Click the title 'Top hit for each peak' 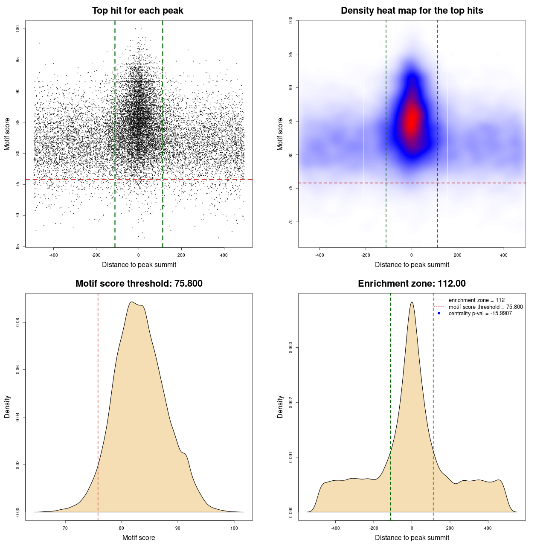137,11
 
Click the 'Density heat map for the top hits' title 412,11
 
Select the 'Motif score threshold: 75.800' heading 139,284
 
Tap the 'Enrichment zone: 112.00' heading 412,284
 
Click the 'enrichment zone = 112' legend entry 476,300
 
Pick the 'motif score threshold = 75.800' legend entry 485,307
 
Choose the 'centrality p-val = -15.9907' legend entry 480,314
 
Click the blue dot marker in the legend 439,314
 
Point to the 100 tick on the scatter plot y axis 18,29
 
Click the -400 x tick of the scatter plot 53,255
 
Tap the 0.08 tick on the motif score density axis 18,322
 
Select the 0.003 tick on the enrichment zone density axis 291,348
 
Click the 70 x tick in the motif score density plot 65,528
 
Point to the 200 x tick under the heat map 457,255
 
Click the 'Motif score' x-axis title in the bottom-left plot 139,537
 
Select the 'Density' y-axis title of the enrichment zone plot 280,407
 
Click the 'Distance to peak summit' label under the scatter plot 139,264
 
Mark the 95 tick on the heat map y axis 291,54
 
